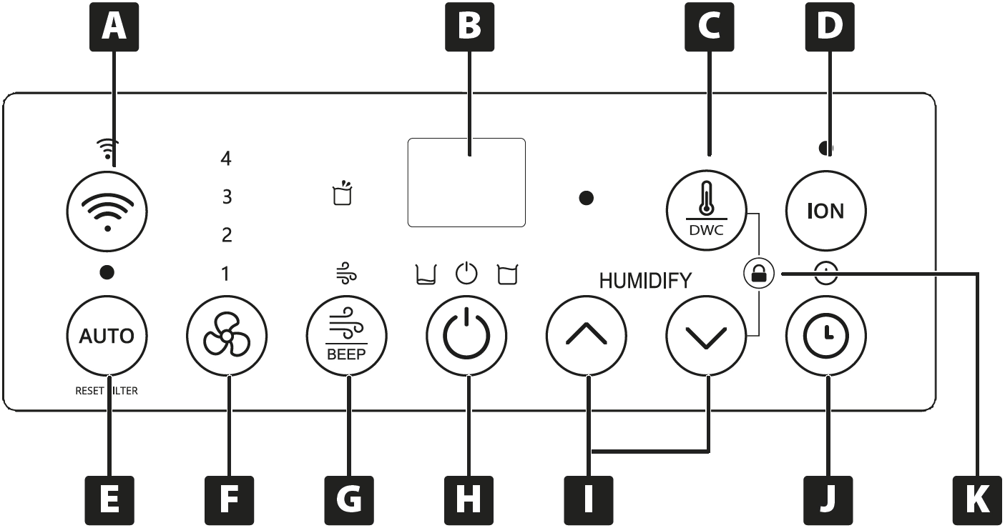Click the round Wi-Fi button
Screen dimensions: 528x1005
point(107,211)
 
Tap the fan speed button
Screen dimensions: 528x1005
point(226,336)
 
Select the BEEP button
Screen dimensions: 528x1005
point(346,336)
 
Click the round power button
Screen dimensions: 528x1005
point(466,336)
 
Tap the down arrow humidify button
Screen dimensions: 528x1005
point(705,336)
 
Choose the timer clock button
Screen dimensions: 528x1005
point(826,336)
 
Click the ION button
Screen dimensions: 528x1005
point(826,211)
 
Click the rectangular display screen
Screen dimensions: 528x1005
point(466,182)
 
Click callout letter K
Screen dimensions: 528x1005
point(976,501)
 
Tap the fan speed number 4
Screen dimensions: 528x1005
point(226,159)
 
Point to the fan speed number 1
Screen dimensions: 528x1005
point(226,274)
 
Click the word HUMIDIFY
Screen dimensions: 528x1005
point(645,281)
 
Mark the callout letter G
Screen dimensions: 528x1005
point(349,501)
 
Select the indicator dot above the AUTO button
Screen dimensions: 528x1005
point(107,272)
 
